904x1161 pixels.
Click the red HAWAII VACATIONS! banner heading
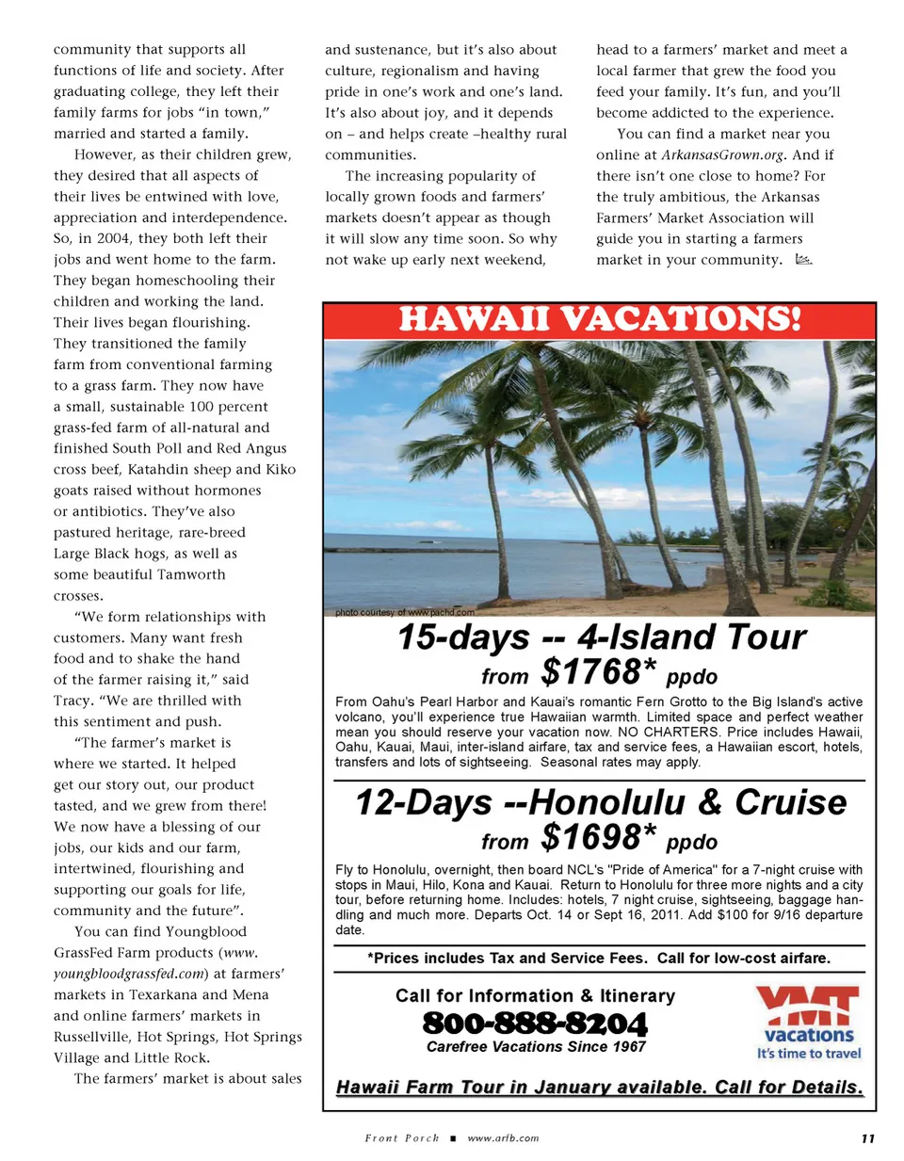(599, 319)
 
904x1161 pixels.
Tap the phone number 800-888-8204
(535, 1023)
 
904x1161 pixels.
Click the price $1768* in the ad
(598, 672)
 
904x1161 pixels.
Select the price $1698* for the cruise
(598, 837)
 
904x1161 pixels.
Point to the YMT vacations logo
(809, 1023)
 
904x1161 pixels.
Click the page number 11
(867, 1138)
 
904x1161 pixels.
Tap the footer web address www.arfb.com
(503, 1138)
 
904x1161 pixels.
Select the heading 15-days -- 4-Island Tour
(601, 637)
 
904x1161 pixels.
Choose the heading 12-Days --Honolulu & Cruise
(601, 802)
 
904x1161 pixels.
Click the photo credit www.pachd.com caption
(405, 612)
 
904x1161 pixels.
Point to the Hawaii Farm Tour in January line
(599, 1087)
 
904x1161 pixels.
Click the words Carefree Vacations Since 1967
(536, 1047)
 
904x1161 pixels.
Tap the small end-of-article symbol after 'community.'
(803, 260)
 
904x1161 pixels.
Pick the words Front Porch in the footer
(402, 1138)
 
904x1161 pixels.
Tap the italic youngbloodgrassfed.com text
(128, 974)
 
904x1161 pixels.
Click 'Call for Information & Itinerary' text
(535, 995)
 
